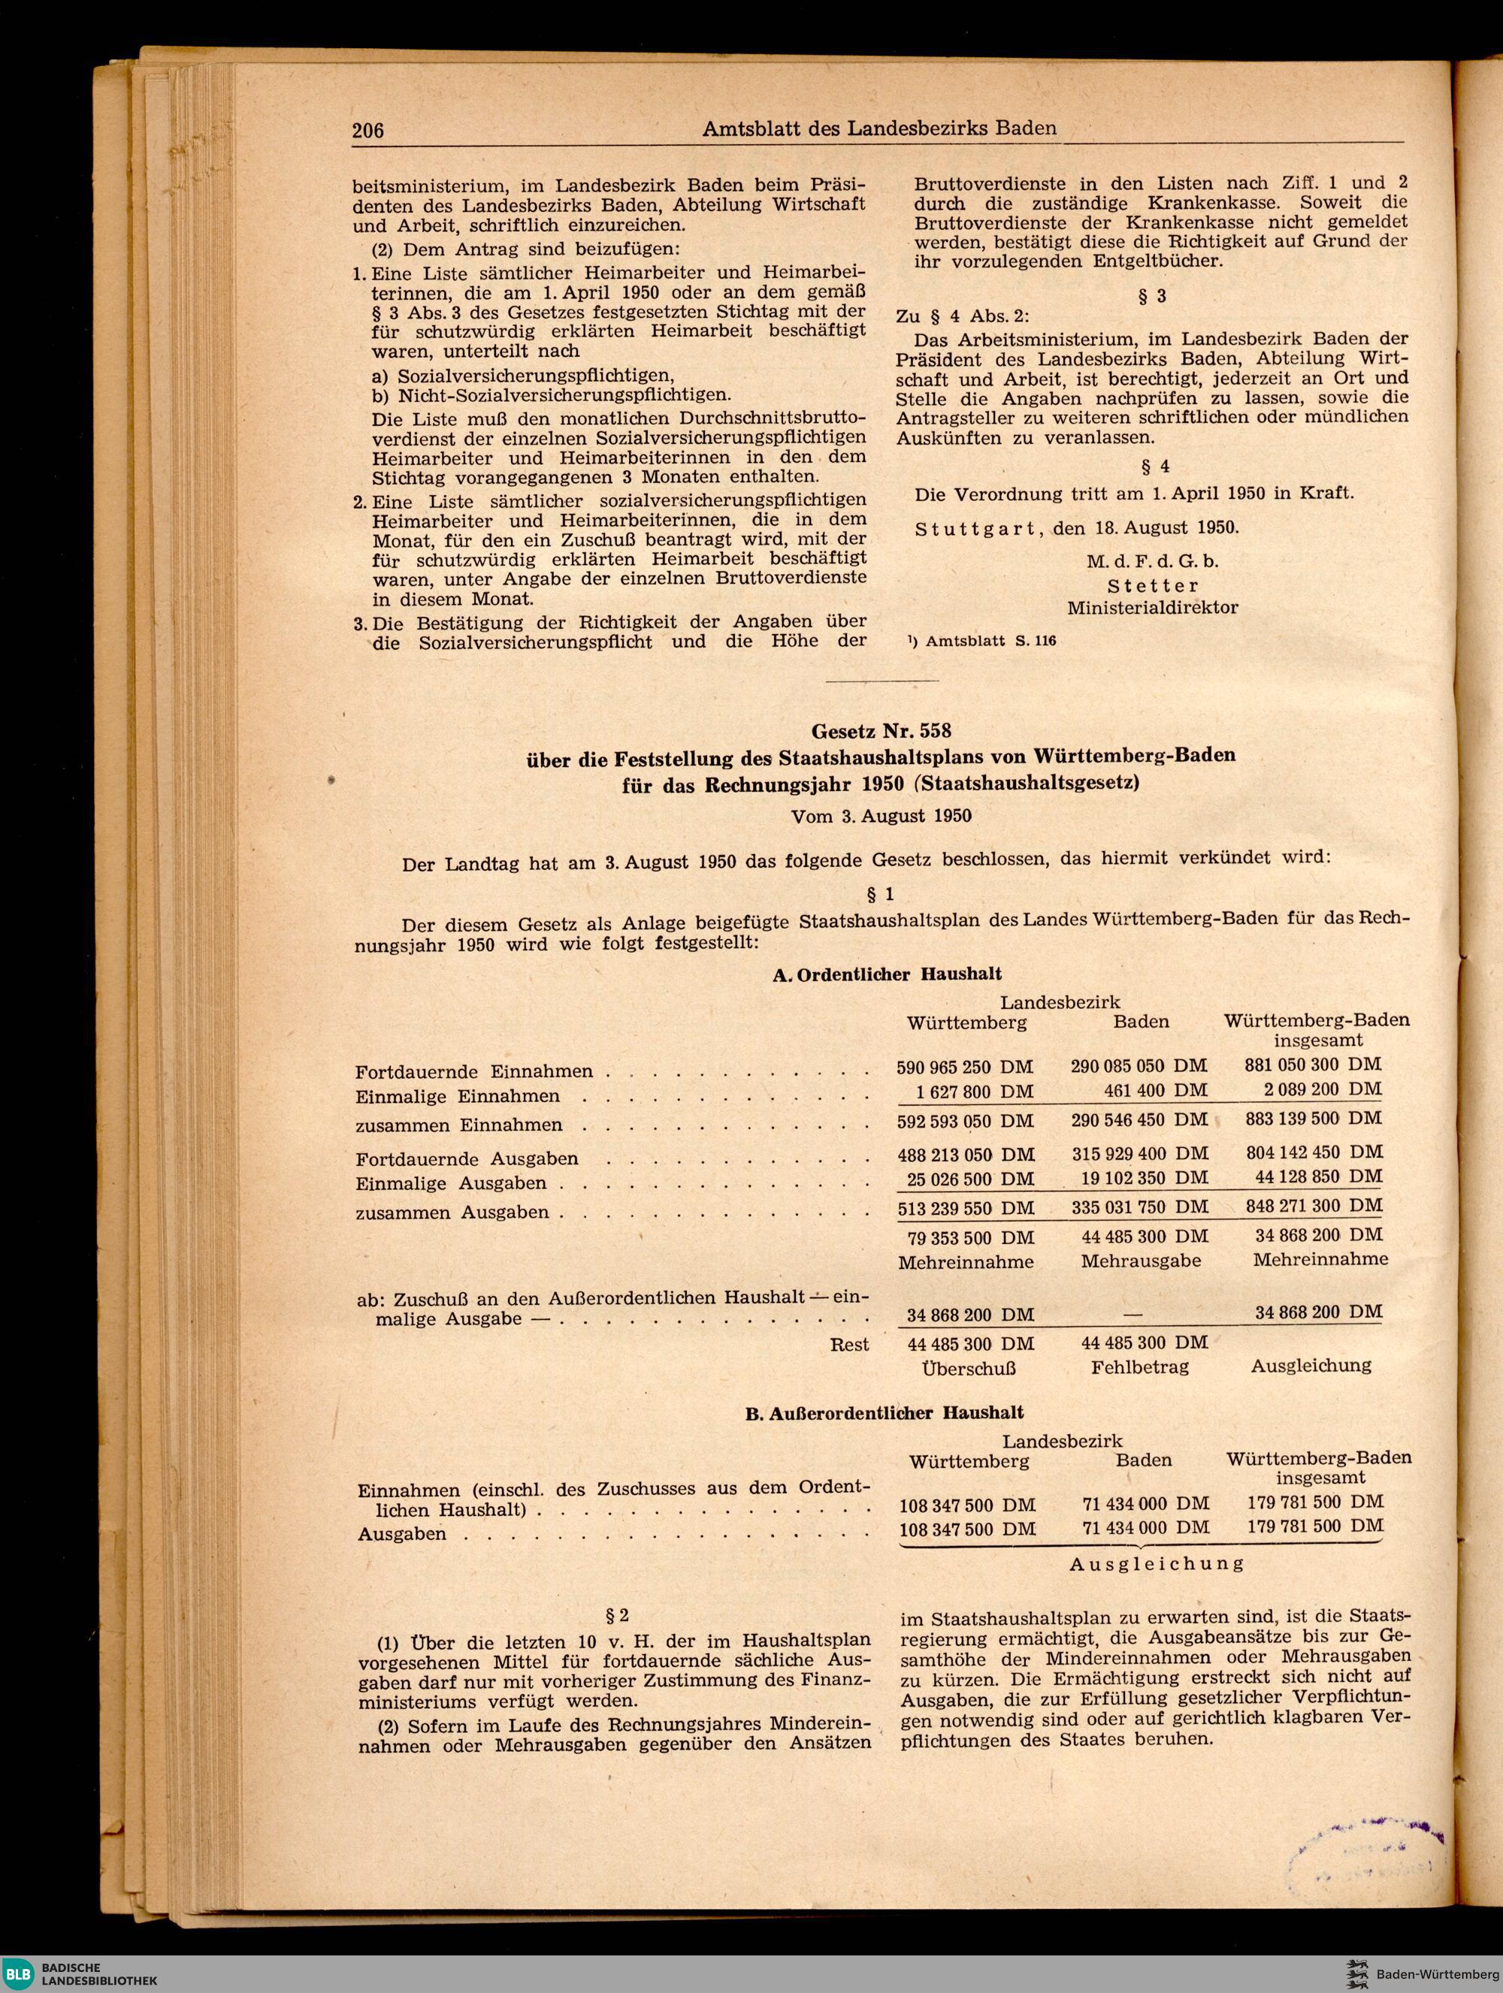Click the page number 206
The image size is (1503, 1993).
[367, 131]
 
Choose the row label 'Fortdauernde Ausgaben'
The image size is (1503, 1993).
[467, 1158]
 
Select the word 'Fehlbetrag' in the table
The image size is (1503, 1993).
[1139, 1366]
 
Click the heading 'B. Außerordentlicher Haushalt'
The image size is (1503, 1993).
[884, 1414]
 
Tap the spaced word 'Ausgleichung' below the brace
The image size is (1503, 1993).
[1156, 1563]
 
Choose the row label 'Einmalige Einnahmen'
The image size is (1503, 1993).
[457, 1097]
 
